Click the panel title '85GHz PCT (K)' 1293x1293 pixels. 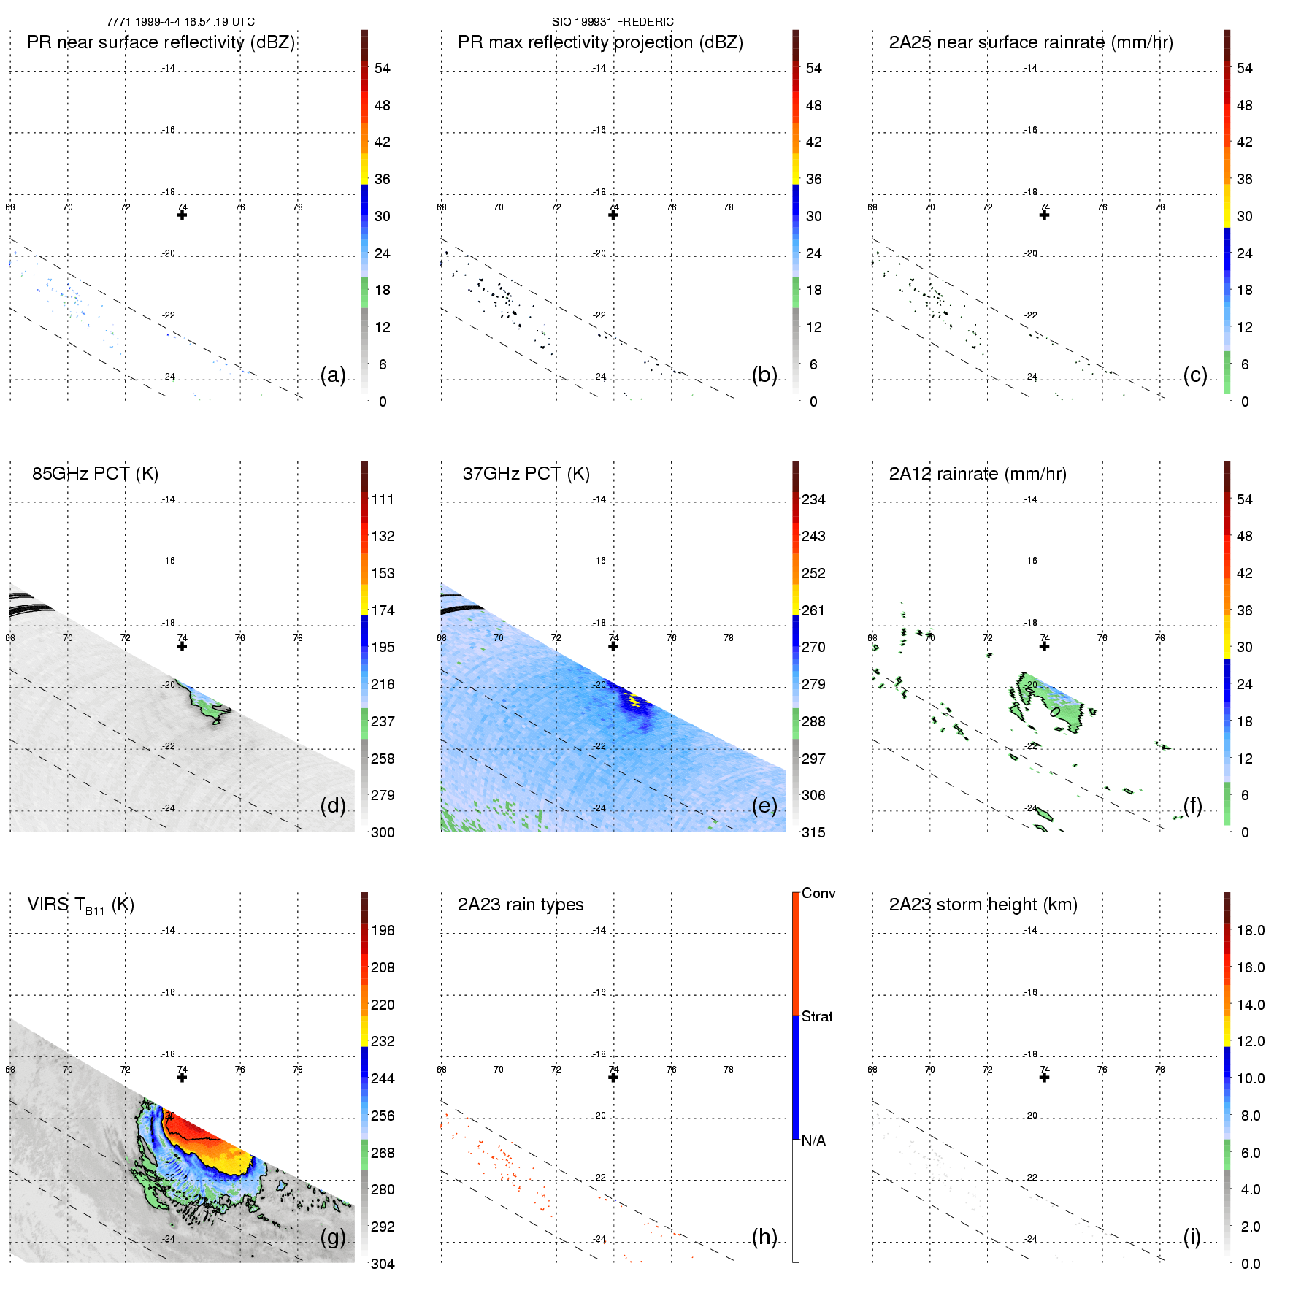[x=95, y=474]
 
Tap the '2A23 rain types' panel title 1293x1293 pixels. [x=520, y=905]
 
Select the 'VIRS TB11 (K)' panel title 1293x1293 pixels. [x=80, y=905]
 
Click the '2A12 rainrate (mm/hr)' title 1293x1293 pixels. [x=977, y=474]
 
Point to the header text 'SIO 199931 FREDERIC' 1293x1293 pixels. [x=613, y=22]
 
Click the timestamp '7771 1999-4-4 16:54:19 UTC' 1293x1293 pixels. [x=180, y=22]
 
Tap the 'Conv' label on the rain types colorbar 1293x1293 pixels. [x=818, y=893]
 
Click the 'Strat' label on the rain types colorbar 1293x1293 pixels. [x=817, y=1016]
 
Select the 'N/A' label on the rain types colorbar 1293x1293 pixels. [x=813, y=1140]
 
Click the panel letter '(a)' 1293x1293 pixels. [x=333, y=375]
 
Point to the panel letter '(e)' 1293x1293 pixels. [x=764, y=805]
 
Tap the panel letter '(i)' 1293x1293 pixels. [x=1192, y=1237]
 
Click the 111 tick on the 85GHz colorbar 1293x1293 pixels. [x=383, y=499]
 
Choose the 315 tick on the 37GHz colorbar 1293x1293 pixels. [x=813, y=832]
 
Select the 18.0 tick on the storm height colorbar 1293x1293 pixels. [x=1251, y=930]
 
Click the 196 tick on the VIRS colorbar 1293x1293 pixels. [x=383, y=930]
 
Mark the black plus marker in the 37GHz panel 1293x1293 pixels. [x=613, y=646]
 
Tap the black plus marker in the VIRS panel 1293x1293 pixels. [x=182, y=1077]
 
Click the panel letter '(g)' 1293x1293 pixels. [x=333, y=1237]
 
